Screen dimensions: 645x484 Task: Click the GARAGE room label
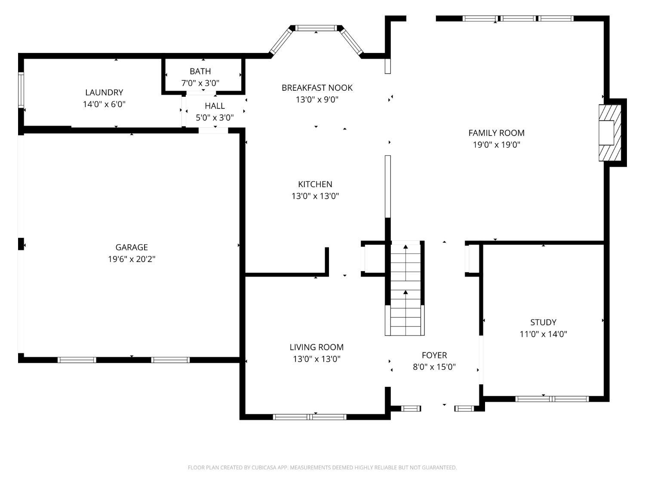[131, 247]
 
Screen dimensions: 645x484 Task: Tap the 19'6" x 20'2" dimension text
[131, 259]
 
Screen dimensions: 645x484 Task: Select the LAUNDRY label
[104, 92]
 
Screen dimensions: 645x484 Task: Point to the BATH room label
[200, 71]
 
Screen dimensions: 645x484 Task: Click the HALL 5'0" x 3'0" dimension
[215, 118]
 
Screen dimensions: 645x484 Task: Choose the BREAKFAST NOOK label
[317, 88]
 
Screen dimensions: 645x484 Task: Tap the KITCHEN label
[315, 184]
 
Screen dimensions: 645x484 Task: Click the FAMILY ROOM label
[496, 133]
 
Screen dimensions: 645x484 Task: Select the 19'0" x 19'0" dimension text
[496, 145]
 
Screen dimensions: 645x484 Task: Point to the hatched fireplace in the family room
[610, 133]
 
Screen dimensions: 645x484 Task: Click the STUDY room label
[543, 322]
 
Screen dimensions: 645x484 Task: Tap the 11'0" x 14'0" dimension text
[543, 334]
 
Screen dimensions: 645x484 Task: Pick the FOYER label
[434, 355]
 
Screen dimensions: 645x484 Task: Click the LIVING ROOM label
[316, 347]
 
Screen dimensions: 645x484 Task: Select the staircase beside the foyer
[405, 288]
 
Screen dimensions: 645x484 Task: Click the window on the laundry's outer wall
[21, 90]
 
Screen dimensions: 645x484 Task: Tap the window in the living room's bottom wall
[310, 417]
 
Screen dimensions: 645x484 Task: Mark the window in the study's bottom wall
[552, 399]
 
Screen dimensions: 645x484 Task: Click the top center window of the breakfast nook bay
[316, 28]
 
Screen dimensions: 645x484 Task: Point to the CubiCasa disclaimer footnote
[322, 468]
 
